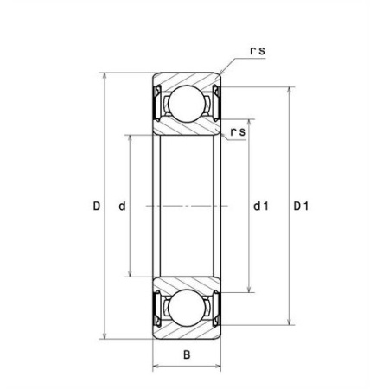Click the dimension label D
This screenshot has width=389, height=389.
97,206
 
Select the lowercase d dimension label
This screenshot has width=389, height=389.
122,206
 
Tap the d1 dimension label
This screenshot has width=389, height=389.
261,206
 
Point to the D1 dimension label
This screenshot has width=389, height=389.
301,206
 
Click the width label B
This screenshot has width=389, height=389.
187,354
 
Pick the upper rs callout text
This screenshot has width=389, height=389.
258,51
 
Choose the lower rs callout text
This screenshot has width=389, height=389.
238,132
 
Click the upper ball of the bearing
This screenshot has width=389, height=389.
187,104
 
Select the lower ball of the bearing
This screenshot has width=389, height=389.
187,308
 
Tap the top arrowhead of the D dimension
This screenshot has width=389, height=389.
105,75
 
